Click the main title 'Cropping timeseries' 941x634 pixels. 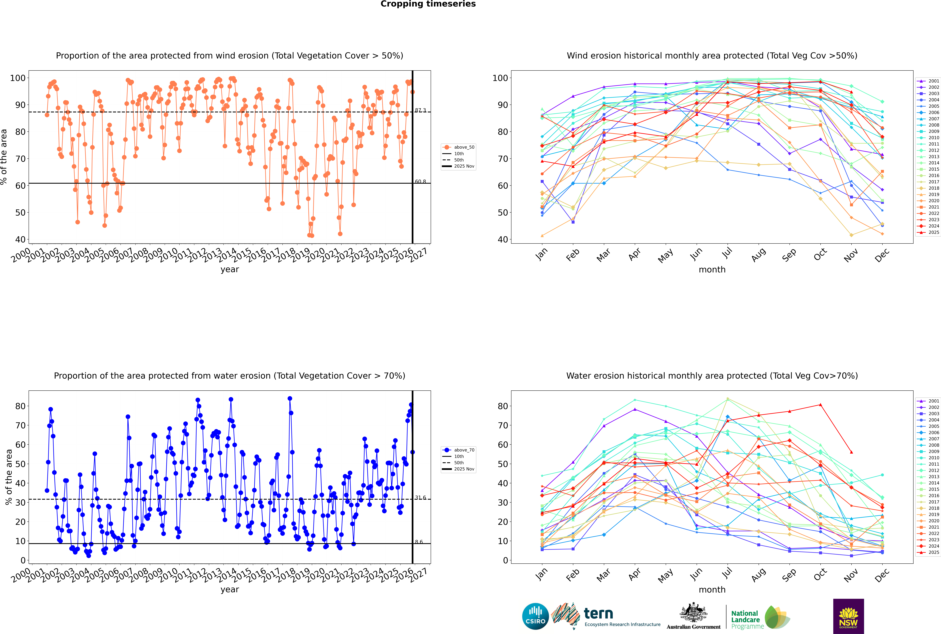coord(428,4)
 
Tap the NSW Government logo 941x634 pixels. coord(848,616)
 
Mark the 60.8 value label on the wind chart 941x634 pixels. coord(420,182)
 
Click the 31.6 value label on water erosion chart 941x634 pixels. coord(420,498)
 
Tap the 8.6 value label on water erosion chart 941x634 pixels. coord(419,542)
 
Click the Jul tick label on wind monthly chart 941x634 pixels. coord(727,253)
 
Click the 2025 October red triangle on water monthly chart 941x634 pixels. coord(820,405)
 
